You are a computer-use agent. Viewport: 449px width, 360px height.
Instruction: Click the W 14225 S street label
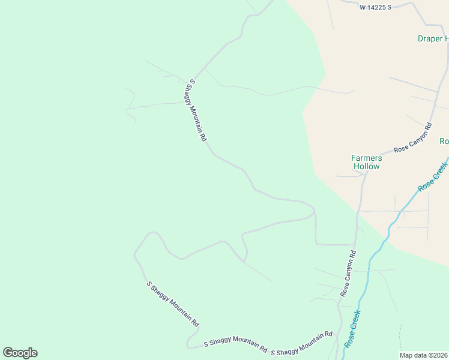pyautogui.click(x=375, y=7)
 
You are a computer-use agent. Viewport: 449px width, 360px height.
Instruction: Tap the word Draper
pyautogui.click(x=429, y=39)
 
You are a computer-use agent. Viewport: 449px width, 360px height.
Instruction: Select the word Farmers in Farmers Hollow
pyautogui.click(x=366, y=158)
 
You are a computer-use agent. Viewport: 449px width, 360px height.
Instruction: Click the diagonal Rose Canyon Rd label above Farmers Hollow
pyautogui.click(x=413, y=137)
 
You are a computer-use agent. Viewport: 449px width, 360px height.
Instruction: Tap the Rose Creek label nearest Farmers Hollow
pyautogui.click(x=433, y=175)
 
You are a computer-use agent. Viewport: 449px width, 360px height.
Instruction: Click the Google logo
pyautogui.click(x=20, y=353)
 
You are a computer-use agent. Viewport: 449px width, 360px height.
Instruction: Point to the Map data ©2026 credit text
pyautogui.click(x=423, y=355)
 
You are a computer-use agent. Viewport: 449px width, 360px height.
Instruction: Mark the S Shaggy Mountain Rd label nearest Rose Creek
pyautogui.click(x=301, y=344)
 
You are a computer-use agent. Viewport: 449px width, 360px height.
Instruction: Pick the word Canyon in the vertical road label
pyautogui.click(x=348, y=274)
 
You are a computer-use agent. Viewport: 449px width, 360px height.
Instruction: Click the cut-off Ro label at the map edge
pyautogui.click(x=444, y=141)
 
